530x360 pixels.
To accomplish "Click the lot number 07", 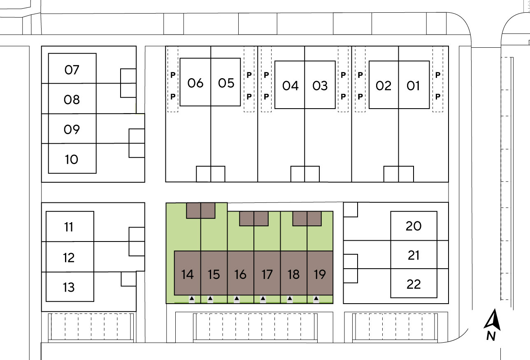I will click(72, 70).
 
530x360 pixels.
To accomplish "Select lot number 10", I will click(72, 159).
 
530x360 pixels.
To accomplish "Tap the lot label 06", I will click(195, 83).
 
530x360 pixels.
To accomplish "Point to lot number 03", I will click(320, 86).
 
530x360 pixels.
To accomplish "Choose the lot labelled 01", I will click(413, 86).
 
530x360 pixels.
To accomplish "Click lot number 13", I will click(69, 287).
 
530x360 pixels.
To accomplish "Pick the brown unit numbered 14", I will click(187, 274).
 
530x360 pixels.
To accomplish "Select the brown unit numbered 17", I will click(267, 274).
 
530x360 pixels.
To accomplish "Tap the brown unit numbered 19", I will click(320, 274).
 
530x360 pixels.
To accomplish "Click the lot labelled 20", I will click(414, 226).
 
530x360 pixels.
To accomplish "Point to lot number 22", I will click(414, 284).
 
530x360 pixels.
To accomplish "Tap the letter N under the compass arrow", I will click(490, 336).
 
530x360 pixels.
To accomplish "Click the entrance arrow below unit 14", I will click(192, 298).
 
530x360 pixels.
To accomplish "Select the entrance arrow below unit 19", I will click(316, 298).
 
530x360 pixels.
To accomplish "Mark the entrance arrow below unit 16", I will click(237, 298).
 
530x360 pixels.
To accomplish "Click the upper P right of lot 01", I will click(438, 75).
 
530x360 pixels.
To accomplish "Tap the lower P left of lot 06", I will click(173, 96).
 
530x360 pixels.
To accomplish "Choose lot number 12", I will click(69, 258).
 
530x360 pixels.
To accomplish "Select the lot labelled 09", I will click(72, 130).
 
